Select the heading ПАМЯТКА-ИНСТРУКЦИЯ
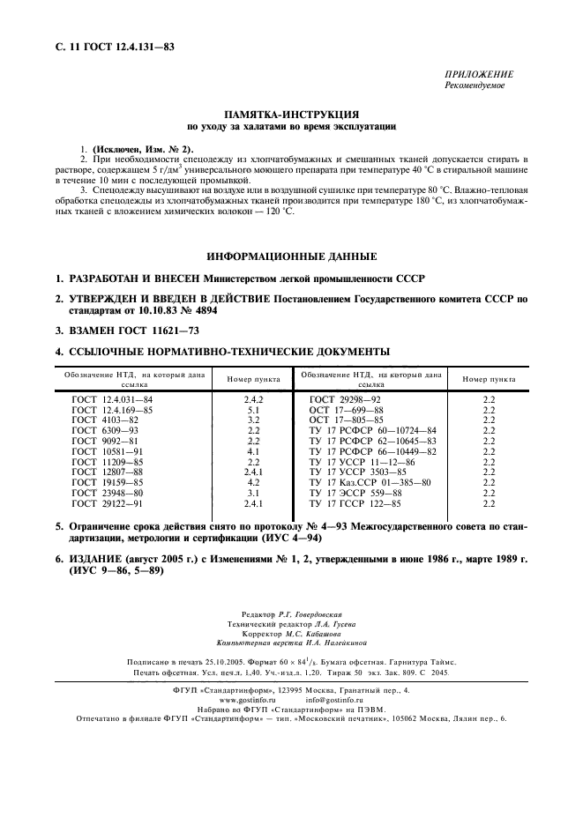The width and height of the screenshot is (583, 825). point(290,115)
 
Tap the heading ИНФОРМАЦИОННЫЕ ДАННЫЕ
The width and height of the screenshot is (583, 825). point(290,256)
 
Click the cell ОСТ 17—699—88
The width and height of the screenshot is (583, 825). point(347,410)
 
